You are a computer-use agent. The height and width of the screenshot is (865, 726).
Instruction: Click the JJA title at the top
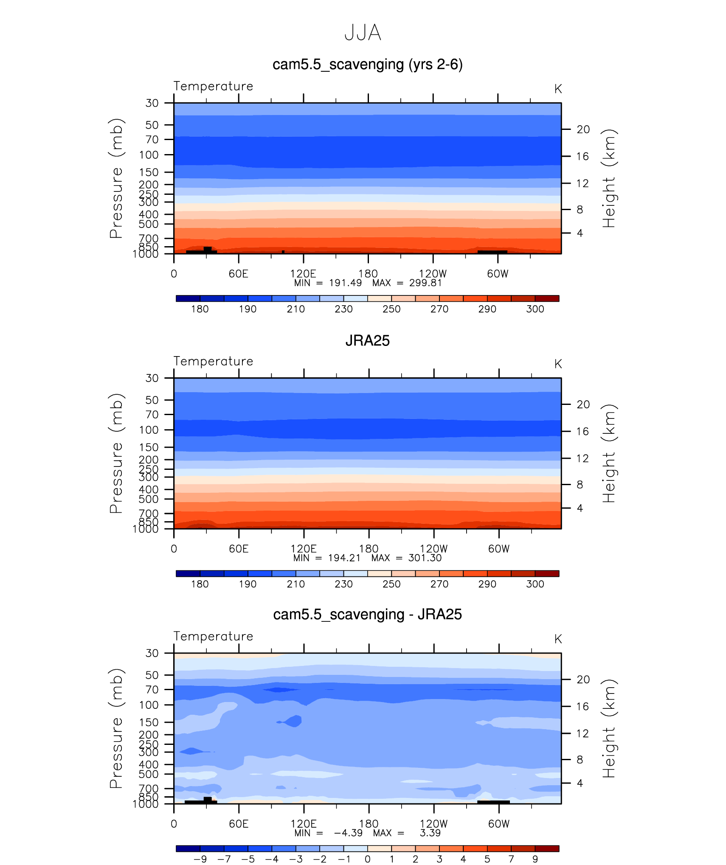(x=363, y=33)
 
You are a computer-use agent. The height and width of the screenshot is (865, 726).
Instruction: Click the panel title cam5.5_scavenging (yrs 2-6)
(x=367, y=65)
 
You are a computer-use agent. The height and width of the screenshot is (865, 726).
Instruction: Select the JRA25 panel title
(x=367, y=340)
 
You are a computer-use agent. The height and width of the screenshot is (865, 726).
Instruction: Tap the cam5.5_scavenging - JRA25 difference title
(x=367, y=615)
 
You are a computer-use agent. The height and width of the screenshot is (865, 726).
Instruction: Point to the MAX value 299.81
(x=425, y=283)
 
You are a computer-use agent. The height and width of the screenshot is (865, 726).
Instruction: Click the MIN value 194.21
(x=344, y=558)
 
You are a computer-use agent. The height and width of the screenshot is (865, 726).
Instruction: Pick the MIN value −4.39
(x=348, y=833)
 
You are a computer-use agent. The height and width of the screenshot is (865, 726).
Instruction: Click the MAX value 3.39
(x=430, y=833)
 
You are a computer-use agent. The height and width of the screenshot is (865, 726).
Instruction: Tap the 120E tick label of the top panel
(x=303, y=274)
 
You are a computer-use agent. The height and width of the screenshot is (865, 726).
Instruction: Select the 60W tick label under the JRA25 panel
(x=498, y=549)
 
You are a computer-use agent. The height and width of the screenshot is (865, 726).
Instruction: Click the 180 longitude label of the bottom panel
(x=369, y=824)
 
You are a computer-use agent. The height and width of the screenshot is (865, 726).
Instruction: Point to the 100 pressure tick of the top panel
(x=149, y=155)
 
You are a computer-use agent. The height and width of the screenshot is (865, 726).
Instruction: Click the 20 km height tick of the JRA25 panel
(x=583, y=404)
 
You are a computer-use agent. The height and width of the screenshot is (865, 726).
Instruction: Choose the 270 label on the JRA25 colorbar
(x=439, y=584)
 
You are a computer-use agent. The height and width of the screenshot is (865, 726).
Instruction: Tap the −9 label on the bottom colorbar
(x=200, y=859)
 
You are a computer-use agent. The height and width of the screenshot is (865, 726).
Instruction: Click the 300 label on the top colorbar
(x=535, y=309)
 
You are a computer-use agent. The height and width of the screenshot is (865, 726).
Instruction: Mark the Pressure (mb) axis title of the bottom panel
(x=116, y=728)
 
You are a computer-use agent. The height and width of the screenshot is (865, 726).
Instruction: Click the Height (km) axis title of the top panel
(x=609, y=178)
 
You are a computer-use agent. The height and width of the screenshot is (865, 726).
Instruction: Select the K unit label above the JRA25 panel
(x=558, y=364)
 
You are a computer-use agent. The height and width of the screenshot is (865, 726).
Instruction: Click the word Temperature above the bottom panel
(x=213, y=636)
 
